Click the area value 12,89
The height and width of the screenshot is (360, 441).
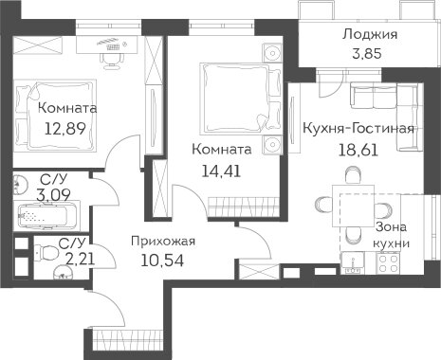(x=65, y=129)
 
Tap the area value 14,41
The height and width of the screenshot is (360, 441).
(x=221, y=171)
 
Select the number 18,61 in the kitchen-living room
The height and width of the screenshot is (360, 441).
(x=358, y=150)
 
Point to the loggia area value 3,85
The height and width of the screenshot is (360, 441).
(x=367, y=53)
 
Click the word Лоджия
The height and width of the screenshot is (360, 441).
(x=370, y=34)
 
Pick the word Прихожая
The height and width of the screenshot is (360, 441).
(x=163, y=242)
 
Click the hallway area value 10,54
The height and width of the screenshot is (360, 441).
(x=162, y=261)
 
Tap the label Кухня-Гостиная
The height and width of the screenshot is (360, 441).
(x=358, y=128)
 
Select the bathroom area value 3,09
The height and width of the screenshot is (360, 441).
(x=53, y=195)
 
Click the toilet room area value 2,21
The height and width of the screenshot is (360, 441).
(x=81, y=260)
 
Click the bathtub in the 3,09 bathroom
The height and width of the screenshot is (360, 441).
(x=47, y=217)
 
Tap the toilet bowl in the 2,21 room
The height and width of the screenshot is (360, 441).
(x=47, y=253)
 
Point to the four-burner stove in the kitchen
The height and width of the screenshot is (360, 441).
(x=389, y=263)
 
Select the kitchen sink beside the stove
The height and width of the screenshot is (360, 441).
(x=353, y=262)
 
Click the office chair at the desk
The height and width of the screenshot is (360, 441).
(x=111, y=60)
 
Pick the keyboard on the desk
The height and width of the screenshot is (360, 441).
(x=114, y=47)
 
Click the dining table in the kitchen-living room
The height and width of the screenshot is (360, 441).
(x=354, y=206)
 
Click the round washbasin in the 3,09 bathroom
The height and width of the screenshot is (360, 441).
(x=21, y=183)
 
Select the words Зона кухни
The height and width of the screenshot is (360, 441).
(x=392, y=235)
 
